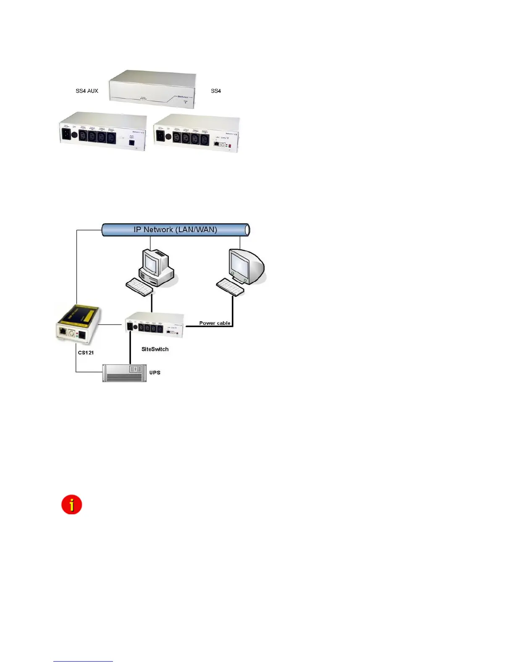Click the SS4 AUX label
point(87,91)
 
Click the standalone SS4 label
point(216,91)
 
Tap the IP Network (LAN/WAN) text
point(175,230)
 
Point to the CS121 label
point(86,353)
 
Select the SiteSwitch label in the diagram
point(155,349)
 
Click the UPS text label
point(155,373)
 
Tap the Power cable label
point(215,323)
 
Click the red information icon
point(72,505)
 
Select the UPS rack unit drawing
point(125,373)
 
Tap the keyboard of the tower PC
point(139,287)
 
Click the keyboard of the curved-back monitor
point(230,287)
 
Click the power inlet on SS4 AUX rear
point(66,134)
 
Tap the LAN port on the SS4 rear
point(216,144)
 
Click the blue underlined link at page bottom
point(83,661)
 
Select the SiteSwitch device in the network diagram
point(155,323)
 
